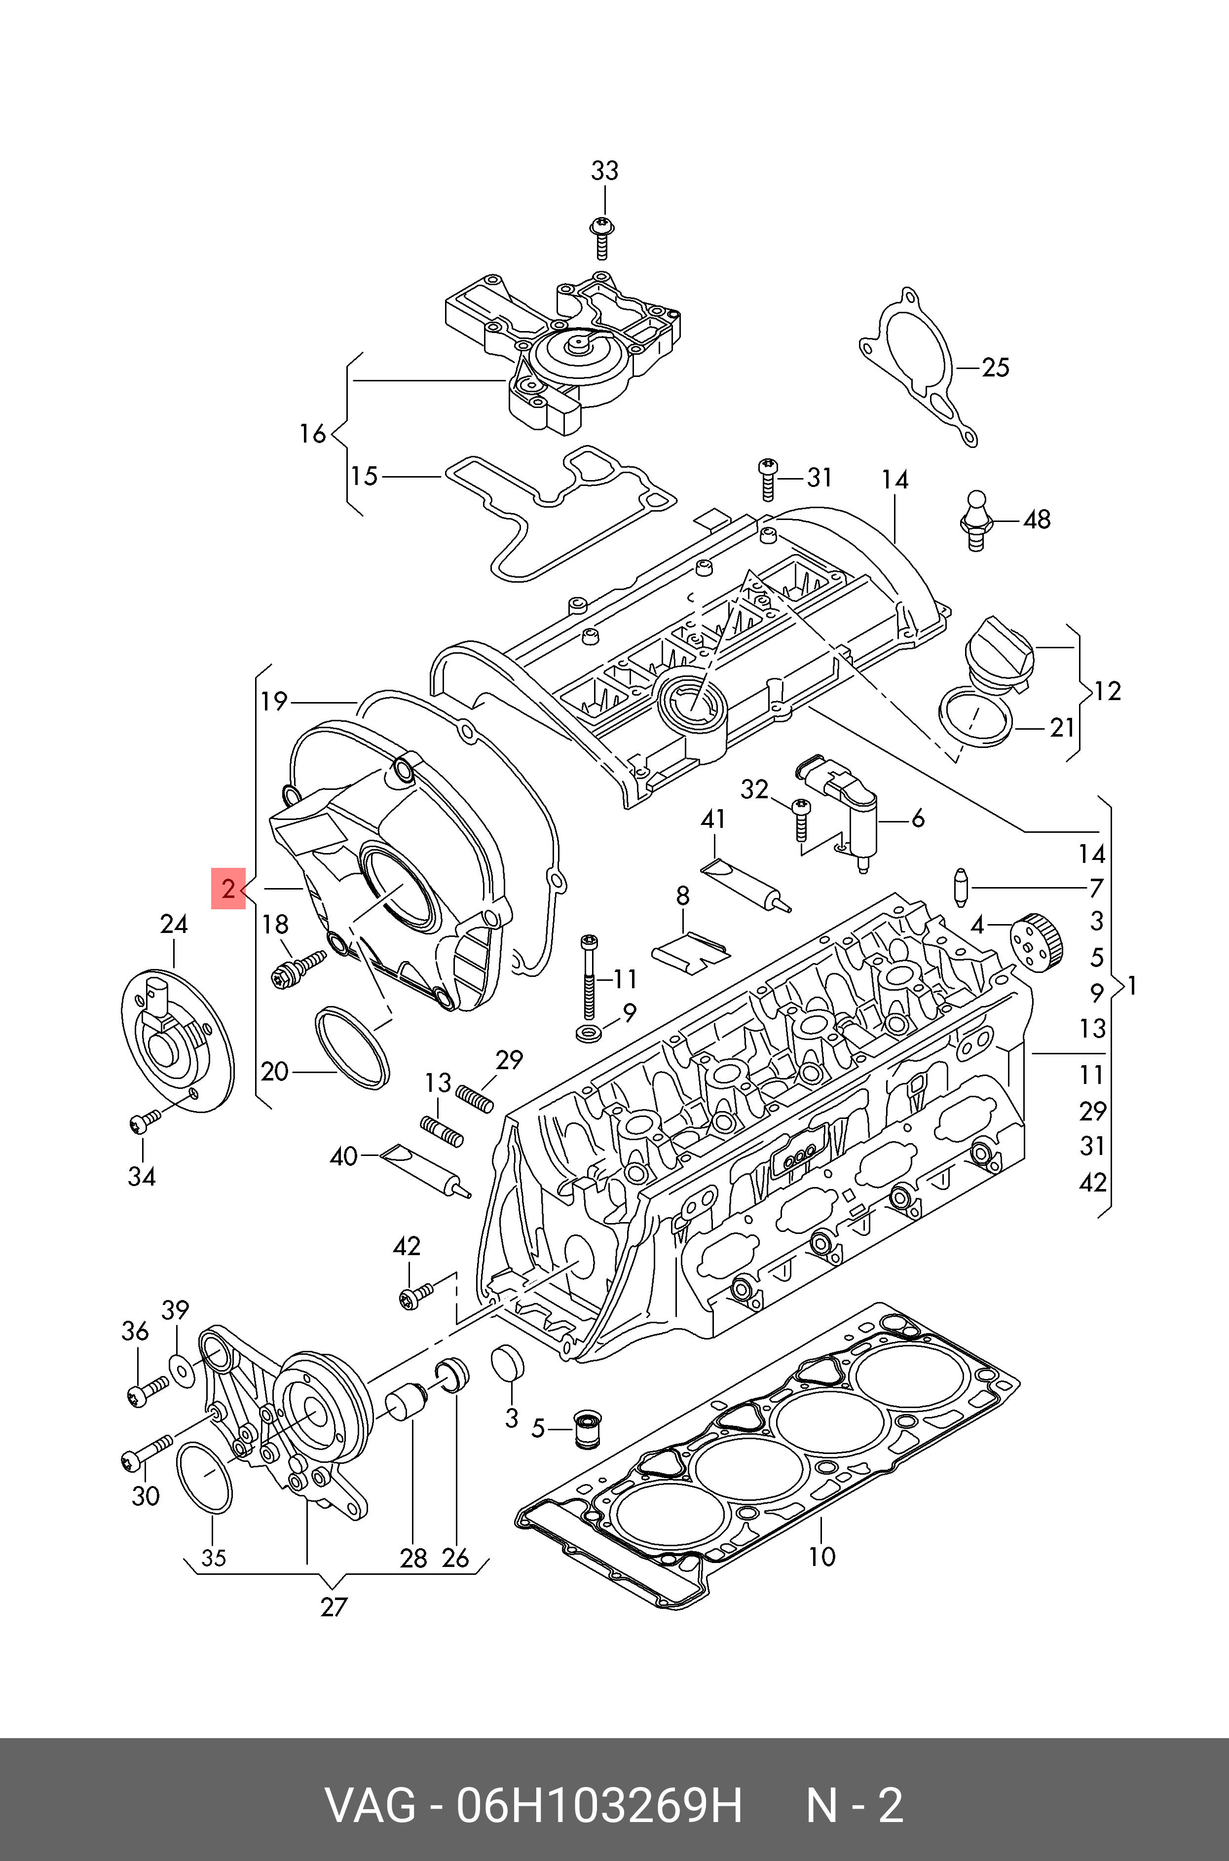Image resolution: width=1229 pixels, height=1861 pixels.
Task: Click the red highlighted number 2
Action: click(228, 889)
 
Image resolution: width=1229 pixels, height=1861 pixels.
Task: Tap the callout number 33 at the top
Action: click(604, 171)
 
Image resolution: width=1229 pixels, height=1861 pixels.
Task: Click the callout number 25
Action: click(996, 368)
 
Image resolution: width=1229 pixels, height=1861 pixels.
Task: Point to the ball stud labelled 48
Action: click(976, 520)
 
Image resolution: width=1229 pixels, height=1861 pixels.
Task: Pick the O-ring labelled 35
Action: click(205, 1478)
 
